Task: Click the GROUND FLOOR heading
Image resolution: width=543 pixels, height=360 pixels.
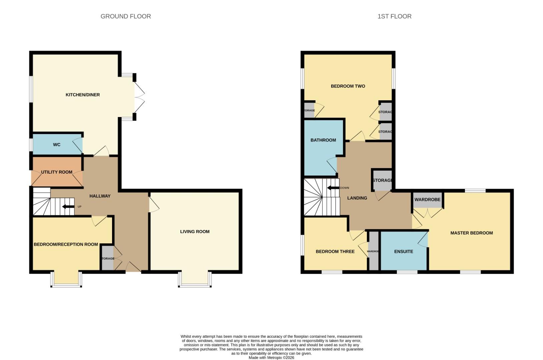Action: click(126, 16)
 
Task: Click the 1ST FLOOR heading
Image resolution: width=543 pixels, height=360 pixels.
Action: click(394, 16)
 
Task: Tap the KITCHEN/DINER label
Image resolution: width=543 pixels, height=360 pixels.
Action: click(83, 95)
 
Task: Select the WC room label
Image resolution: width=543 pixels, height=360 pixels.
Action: click(57, 145)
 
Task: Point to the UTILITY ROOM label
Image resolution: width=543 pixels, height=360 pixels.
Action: click(57, 172)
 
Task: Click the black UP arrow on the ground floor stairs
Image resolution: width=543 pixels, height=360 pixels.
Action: click(69, 207)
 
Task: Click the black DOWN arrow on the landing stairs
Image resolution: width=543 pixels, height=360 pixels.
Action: click(333, 188)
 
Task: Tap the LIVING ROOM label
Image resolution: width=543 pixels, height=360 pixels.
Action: click(195, 231)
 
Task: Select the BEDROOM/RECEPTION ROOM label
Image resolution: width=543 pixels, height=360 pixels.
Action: click(66, 244)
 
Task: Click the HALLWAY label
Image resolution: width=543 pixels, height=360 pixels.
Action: click(100, 196)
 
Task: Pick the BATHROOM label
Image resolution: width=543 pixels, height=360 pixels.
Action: click(323, 140)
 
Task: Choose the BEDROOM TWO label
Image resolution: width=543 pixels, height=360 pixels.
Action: click(348, 86)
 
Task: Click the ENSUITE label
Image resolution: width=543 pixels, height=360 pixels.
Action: click(404, 251)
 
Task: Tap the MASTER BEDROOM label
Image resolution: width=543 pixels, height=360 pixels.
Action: click(471, 233)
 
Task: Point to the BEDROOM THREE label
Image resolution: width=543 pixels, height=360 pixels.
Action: click(335, 251)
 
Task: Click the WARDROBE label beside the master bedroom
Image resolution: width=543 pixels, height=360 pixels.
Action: click(427, 200)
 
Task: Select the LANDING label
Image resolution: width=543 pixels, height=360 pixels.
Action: click(357, 198)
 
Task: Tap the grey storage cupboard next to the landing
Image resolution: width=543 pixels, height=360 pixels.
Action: click(382, 180)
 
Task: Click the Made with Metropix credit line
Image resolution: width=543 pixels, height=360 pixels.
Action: click(271, 358)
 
